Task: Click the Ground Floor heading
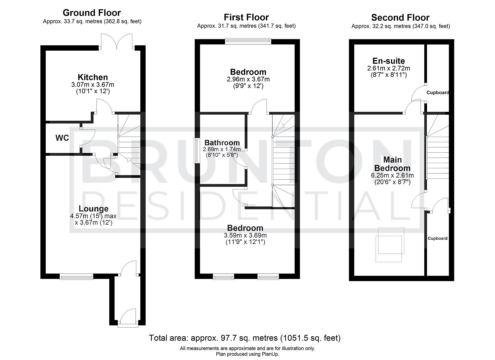click(92, 13)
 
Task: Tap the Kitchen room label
click(93, 77)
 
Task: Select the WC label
click(62, 138)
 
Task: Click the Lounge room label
click(94, 209)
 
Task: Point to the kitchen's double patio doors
click(116, 42)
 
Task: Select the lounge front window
click(76, 276)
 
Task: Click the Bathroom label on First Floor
click(222, 143)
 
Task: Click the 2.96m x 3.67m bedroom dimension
click(248, 79)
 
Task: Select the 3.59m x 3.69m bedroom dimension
click(245, 235)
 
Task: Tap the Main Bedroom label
click(392, 164)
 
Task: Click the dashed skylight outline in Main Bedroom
click(389, 245)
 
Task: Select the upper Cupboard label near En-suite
click(438, 93)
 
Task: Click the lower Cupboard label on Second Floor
click(437, 238)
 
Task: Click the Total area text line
click(245, 338)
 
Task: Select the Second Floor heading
click(400, 18)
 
